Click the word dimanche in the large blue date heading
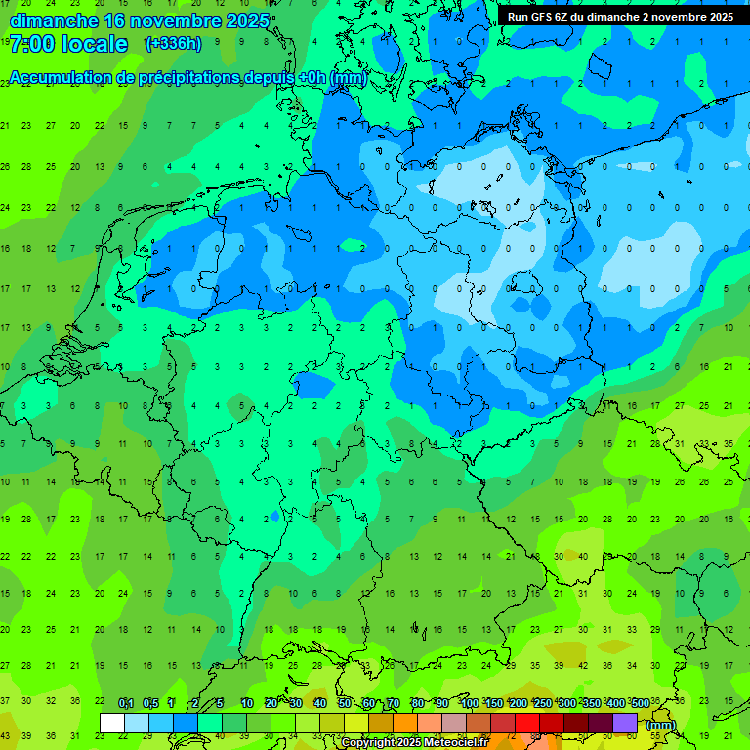(53, 21)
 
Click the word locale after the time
(95, 44)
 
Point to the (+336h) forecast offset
(173, 44)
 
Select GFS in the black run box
(542, 17)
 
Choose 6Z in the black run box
(563, 17)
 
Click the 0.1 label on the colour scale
(126, 704)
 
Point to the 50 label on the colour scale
(345, 704)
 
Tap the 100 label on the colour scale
(470, 704)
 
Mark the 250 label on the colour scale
(543, 704)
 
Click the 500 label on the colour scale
(641, 704)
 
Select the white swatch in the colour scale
(112, 723)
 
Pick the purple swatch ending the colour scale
(625, 723)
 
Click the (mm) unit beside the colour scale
(661, 725)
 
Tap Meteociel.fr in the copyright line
(456, 743)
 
